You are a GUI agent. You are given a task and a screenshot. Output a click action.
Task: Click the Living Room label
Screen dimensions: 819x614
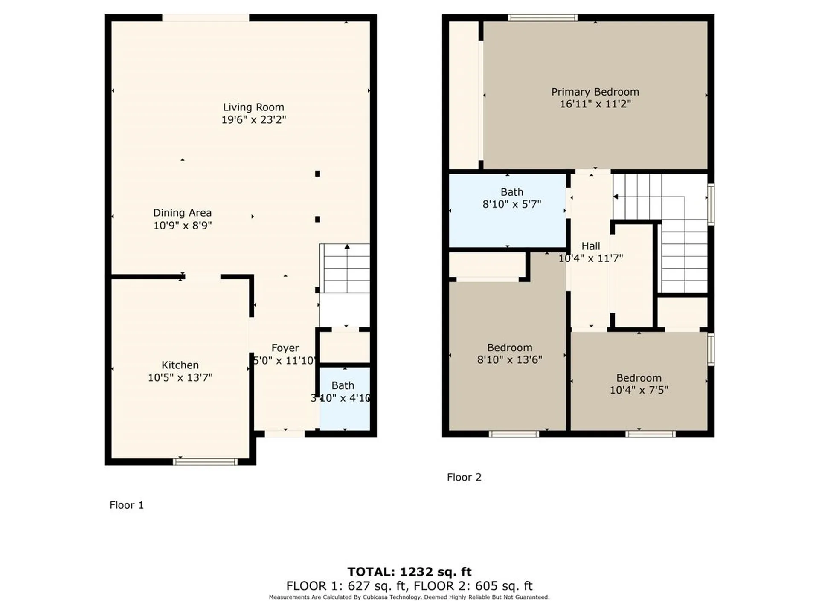click(253, 107)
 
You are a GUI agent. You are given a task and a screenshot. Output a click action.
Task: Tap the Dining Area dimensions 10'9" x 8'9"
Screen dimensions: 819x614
click(183, 225)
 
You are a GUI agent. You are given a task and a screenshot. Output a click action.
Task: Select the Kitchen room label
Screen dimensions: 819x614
click(180, 365)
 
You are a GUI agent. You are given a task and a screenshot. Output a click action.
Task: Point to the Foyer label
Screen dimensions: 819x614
click(285, 348)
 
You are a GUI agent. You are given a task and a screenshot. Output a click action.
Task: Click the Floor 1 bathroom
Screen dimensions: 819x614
click(345, 398)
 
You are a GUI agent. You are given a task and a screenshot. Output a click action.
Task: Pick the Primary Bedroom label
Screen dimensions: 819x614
click(595, 92)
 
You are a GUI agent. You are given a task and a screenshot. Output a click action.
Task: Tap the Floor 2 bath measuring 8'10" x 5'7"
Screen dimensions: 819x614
click(507, 210)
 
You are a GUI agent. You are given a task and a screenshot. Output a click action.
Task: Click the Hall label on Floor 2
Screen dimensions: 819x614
click(591, 246)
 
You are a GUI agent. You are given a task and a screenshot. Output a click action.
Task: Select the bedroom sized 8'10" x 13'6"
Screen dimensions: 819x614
click(508, 354)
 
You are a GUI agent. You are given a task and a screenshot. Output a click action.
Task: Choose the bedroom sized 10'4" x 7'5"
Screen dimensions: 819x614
click(639, 381)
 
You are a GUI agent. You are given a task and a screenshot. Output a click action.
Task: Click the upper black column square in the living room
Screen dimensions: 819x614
click(317, 174)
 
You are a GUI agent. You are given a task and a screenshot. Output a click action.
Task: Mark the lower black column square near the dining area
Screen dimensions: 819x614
click(317, 219)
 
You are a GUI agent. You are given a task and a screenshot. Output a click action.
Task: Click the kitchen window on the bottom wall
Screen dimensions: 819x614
click(205, 462)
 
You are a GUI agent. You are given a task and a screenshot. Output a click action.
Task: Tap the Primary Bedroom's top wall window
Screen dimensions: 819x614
click(543, 17)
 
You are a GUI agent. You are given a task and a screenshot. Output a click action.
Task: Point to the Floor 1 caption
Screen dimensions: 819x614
click(127, 505)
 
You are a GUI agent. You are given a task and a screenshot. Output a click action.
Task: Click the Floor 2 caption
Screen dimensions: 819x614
click(464, 478)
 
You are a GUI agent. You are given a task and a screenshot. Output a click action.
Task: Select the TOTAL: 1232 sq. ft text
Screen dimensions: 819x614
click(409, 572)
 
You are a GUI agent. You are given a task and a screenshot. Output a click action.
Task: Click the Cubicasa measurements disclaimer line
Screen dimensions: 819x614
click(409, 597)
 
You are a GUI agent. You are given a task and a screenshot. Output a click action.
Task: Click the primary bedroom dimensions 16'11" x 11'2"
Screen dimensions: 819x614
click(595, 104)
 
